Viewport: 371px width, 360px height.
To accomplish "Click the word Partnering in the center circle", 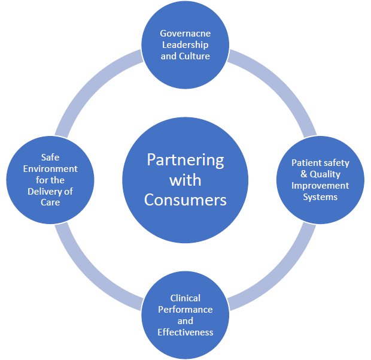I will click(185, 161).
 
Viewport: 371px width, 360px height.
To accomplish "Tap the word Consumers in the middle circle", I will click(185, 199).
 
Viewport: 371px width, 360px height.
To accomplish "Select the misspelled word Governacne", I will click(185, 34).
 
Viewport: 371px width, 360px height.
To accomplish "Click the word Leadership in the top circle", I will click(185, 45).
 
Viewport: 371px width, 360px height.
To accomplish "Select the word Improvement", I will click(320, 186).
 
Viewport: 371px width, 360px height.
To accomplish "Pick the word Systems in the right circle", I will click(320, 196).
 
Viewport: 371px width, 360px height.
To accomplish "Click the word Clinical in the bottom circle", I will click(185, 298).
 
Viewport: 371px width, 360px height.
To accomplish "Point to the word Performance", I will click(185, 310).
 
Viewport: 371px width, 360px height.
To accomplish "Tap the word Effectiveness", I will click(185, 332).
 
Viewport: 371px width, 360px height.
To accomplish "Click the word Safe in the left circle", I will click(50, 158).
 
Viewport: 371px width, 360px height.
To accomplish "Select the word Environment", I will click(50, 169).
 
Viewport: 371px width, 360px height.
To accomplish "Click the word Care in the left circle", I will click(50, 202).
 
